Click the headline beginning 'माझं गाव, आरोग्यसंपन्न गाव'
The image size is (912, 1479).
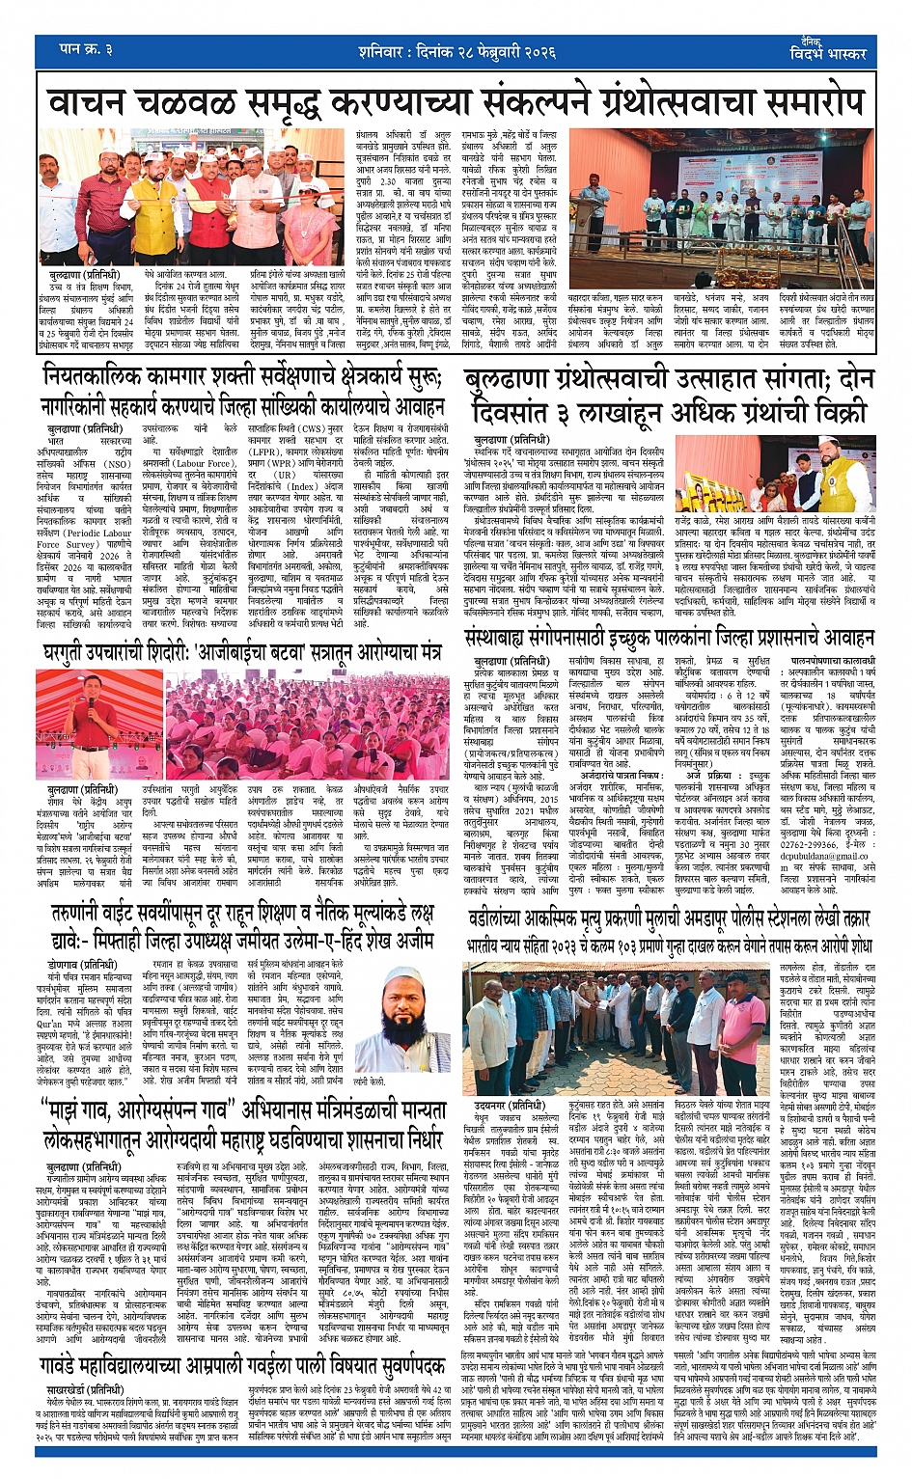(x=241, y=1125)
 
